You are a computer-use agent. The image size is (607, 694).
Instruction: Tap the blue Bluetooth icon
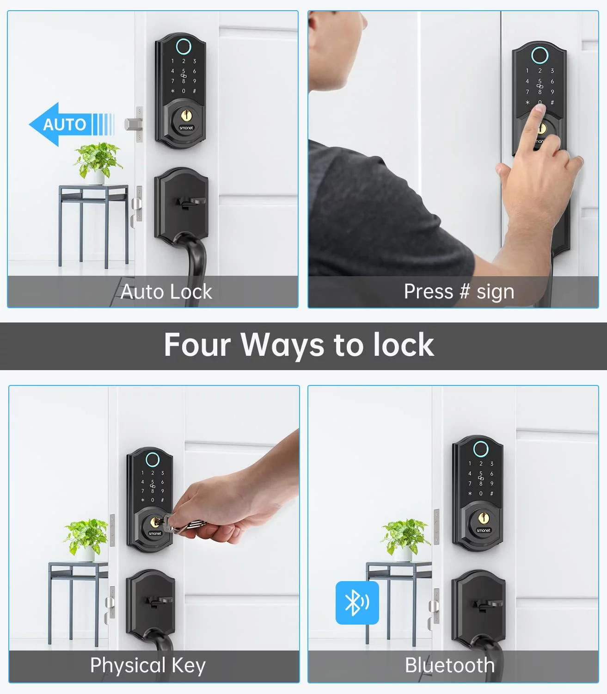(357, 603)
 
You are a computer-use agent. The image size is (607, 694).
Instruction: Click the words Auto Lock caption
(166, 291)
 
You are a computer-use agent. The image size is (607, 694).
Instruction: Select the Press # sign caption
(459, 291)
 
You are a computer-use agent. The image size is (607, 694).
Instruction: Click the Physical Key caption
(148, 665)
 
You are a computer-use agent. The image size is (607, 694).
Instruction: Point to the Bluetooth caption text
(450, 665)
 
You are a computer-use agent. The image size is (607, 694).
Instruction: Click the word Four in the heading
(197, 345)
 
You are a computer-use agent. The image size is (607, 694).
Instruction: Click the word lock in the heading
(403, 345)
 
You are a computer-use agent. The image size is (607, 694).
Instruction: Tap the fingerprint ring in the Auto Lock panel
(184, 46)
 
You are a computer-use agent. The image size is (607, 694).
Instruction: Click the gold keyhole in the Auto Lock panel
(186, 116)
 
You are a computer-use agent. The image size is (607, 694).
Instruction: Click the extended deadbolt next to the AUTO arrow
(133, 124)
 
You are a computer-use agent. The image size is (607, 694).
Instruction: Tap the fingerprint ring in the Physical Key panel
(153, 460)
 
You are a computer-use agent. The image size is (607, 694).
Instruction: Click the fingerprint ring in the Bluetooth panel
(481, 449)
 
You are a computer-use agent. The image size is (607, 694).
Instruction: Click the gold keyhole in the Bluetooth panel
(484, 518)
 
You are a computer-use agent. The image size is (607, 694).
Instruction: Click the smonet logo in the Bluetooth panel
(483, 530)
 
